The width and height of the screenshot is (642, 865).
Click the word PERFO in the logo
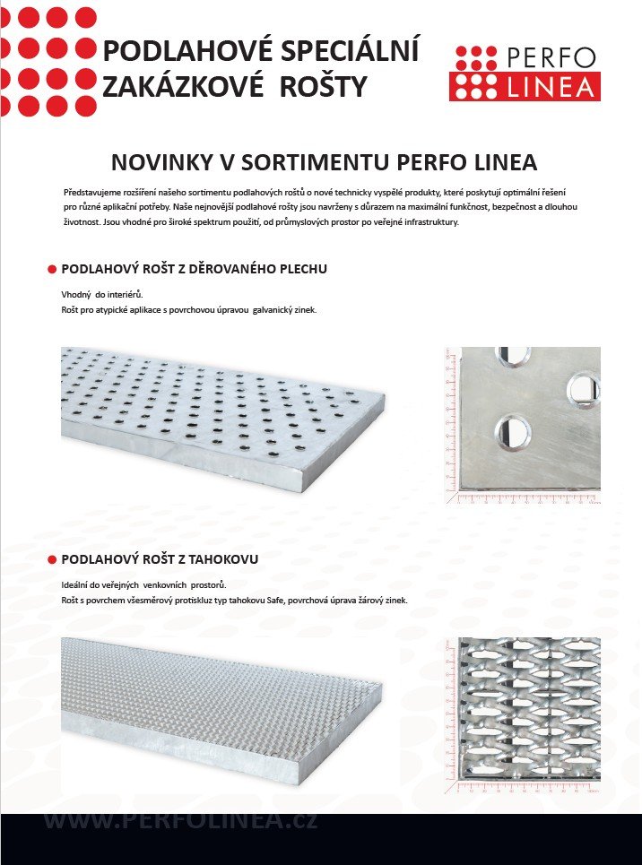pos(551,57)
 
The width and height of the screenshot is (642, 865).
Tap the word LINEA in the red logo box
pos(551,86)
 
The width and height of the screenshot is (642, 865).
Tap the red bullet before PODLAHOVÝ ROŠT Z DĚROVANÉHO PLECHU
pos(51,269)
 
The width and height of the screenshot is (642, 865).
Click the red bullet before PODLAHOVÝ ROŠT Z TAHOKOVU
pos(51,559)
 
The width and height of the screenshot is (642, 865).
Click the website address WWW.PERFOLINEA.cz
pos(180,820)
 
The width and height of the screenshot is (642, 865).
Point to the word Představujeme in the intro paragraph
pos(94,193)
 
